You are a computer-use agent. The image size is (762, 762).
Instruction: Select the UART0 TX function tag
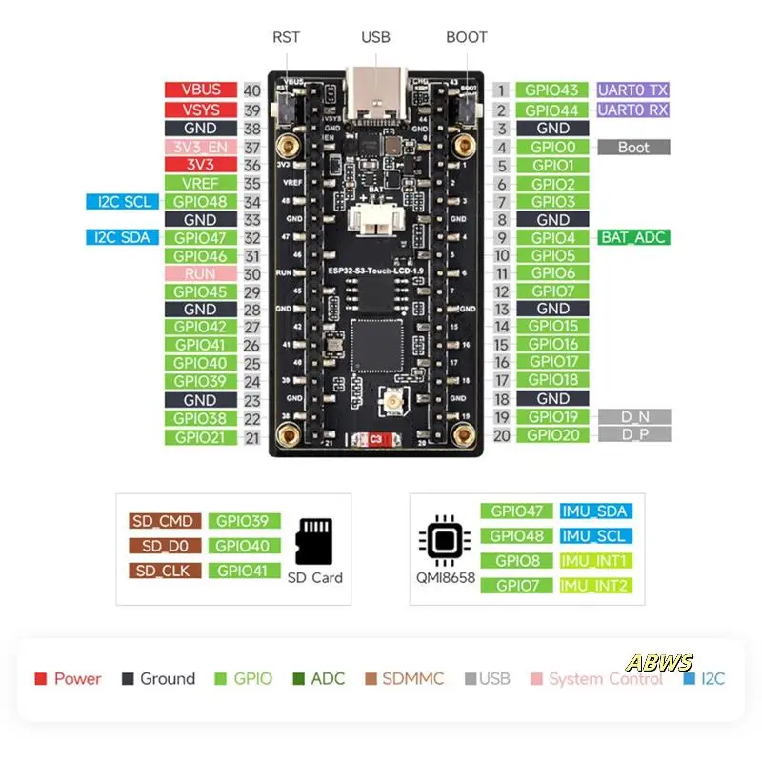pyautogui.click(x=633, y=90)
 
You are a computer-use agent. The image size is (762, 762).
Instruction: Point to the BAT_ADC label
pyautogui.click(x=633, y=237)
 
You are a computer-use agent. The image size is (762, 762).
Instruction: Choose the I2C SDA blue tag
pyautogui.click(x=122, y=237)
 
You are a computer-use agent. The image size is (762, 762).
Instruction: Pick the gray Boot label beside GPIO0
pyautogui.click(x=633, y=147)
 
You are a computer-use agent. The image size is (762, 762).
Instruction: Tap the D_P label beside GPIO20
pyautogui.click(x=633, y=435)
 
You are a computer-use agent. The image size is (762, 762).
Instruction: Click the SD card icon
pyautogui.click(x=314, y=541)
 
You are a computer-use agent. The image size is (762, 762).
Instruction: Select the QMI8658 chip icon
pyautogui.click(x=442, y=540)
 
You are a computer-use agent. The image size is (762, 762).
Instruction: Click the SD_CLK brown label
pyautogui.click(x=166, y=571)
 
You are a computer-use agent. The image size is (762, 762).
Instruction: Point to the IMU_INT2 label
pyautogui.click(x=595, y=585)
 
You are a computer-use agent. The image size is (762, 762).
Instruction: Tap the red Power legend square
pyautogui.click(x=41, y=679)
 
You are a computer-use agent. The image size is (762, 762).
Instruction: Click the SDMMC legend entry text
pyautogui.click(x=412, y=679)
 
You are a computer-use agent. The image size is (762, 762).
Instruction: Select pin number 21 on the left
pyautogui.click(x=252, y=437)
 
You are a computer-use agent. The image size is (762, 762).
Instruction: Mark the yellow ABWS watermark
pyautogui.click(x=659, y=663)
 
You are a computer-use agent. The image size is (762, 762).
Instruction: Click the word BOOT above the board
pyautogui.click(x=467, y=37)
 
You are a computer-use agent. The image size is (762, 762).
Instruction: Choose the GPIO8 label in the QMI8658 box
pyautogui.click(x=516, y=561)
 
